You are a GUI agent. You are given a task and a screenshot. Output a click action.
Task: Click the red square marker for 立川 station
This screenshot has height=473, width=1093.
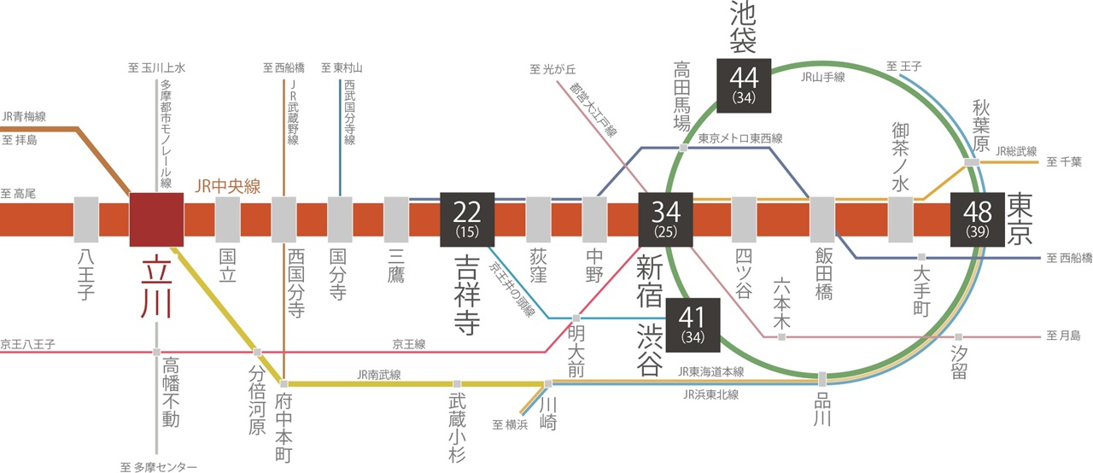point(156,219)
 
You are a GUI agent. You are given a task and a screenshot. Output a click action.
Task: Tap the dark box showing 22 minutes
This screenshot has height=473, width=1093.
point(466,219)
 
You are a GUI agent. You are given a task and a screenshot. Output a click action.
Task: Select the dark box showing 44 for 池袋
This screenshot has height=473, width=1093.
point(744,85)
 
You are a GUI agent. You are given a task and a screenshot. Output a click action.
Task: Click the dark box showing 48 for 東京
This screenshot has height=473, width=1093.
point(977,219)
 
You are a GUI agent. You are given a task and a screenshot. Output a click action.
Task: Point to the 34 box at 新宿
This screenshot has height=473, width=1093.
point(666,219)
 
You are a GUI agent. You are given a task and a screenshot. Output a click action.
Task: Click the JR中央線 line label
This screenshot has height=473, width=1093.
point(227,185)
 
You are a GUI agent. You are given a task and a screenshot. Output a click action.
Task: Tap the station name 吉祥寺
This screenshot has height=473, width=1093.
point(466,295)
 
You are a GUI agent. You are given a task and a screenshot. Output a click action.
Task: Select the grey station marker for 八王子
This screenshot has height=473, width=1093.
point(87,219)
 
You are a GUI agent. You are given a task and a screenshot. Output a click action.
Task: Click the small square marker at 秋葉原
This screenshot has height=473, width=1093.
point(972,161)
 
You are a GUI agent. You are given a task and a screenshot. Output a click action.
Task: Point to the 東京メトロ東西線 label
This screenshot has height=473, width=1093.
point(739,138)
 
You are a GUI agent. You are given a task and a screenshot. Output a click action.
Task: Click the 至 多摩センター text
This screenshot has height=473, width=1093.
point(158,466)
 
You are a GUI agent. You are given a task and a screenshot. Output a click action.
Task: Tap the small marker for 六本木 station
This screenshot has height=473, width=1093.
point(781,337)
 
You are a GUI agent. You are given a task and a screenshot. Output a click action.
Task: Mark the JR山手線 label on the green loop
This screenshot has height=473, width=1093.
point(824,75)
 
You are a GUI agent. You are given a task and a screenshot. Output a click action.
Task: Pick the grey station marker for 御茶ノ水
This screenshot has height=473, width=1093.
point(901,219)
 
